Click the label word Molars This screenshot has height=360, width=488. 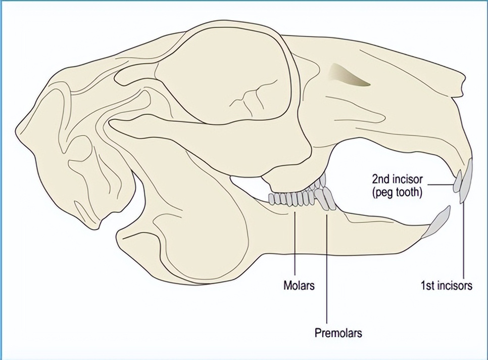pyautogui.click(x=299, y=286)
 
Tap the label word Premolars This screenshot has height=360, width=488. pyautogui.click(x=338, y=333)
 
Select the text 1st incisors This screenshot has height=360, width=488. pyautogui.click(x=446, y=286)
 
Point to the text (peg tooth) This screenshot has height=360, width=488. pyautogui.click(x=397, y=193)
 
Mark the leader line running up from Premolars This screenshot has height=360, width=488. pyautogui.click(x=327, y=268)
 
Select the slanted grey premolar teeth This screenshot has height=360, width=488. pyautogui.click(x=326, y=197)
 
